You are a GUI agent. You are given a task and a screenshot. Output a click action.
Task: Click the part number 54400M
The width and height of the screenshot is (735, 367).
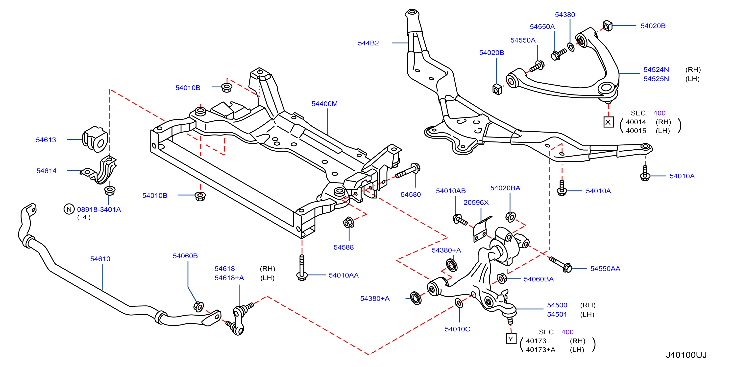(x=324, y=104)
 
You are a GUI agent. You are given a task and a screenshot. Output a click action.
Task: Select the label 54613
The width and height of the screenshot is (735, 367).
(x=46, y=140)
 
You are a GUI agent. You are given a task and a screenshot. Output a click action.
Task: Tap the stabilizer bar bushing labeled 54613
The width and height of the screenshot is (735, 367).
(x=95, y=139)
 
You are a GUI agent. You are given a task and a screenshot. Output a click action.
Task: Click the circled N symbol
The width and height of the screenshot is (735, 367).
(x=69, y=209)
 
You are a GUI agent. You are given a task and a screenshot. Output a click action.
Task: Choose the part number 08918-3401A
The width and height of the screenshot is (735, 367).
(x=99, y=210)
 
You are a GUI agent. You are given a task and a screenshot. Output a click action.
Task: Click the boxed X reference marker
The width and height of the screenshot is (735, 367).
(x=608, y=122)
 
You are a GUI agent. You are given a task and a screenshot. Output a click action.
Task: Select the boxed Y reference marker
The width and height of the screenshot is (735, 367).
(x=511, y=339)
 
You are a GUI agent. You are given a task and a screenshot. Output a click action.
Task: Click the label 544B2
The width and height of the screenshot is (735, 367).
(x=368, y=43)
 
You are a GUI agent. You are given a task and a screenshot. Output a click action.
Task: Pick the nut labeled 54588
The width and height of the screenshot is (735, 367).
(x=349, y=222)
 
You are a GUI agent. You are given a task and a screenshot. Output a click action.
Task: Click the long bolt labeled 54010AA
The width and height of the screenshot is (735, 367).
(x=302, y=268)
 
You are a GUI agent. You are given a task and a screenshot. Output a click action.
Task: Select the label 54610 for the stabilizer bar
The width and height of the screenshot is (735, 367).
(x=100, y=259)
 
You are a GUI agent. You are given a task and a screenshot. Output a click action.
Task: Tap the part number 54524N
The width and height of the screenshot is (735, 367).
(x=656, y=69)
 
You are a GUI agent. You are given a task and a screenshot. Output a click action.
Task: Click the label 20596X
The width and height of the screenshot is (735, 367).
(x=476, y=203)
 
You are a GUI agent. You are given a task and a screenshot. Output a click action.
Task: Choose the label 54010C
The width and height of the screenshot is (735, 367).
(x=457, y=329)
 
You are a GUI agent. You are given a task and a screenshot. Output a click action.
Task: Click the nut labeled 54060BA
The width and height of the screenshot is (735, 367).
(x=502, y=279)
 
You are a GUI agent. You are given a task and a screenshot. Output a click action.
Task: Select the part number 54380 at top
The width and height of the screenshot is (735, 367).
(x=565, y=15)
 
